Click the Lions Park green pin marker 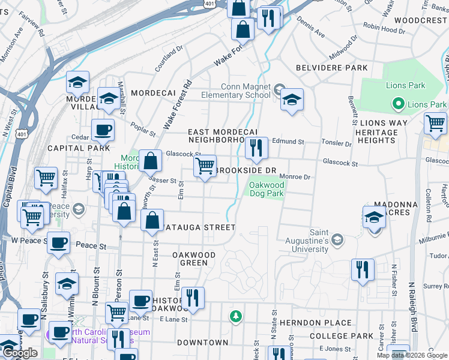[397, 104]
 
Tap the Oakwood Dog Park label [267, 190]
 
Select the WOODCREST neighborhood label [421, 20]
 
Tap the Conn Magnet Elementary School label [236, 91]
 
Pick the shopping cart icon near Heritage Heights [435, 124]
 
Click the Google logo [20, 353]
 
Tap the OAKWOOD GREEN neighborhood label [194, 259]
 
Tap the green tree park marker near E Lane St [236, 316]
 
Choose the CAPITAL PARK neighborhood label [79, 148]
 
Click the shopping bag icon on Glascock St [151, 160]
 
